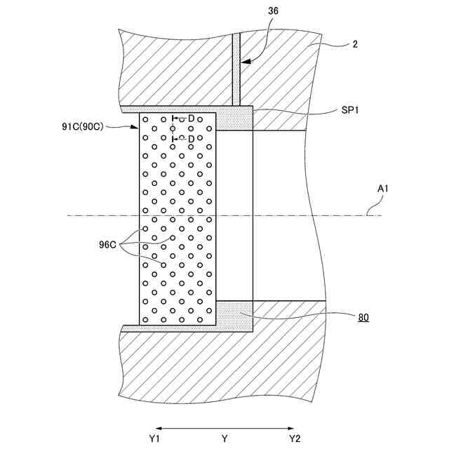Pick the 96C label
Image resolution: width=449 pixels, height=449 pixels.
pos(108,246)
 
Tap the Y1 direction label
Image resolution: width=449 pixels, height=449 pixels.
pos(156,438)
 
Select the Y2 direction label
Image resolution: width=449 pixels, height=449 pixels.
pos(295,438)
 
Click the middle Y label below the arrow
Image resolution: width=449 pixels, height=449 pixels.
pos(224,438)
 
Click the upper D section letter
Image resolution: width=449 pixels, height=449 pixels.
pos(191,119)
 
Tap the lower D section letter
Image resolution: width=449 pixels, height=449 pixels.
pos(191,139)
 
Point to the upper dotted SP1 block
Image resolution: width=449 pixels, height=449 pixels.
pos(234,119)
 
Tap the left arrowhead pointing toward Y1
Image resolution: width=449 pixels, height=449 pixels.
pos(159,427)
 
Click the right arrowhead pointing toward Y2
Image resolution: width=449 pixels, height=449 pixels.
pos(291,427)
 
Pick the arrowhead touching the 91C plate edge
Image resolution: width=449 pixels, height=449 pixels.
pos(137,127)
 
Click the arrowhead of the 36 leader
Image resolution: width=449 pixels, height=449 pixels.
pos(243,63)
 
